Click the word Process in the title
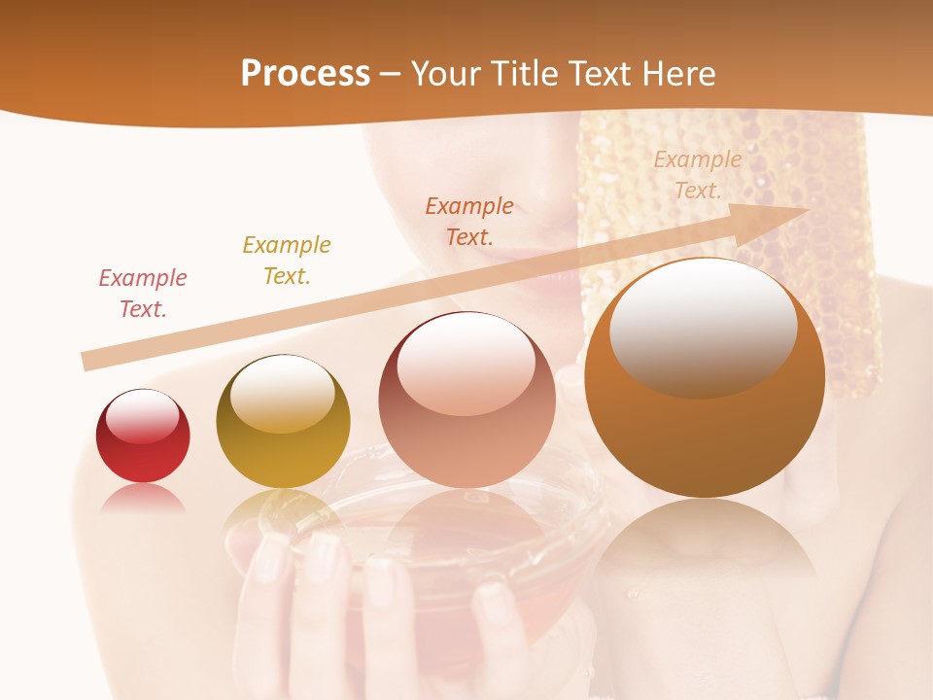tap(305, 74)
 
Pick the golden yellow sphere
tap(283, 428)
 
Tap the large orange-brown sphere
tap(705, 408)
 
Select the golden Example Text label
tap(287, 261)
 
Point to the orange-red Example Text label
tap(469, 221)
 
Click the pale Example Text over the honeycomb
tap(698, 175)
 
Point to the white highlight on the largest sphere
tap(703, 326)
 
